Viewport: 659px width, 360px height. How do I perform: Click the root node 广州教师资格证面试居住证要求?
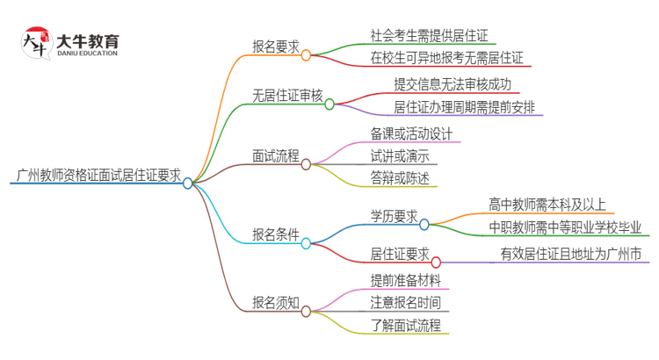98,176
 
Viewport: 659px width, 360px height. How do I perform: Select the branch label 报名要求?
274,48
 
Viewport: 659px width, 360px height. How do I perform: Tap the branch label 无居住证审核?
286,96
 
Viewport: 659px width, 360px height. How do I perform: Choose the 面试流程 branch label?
274,156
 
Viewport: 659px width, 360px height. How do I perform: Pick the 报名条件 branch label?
274,234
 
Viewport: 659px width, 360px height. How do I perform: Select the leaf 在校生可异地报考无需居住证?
446,60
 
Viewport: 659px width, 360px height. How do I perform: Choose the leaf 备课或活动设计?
411,133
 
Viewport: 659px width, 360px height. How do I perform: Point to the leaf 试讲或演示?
400,156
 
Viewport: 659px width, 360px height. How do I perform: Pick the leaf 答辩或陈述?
400,179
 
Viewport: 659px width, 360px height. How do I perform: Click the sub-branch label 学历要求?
394,216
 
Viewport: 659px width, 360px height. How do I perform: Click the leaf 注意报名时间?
405,302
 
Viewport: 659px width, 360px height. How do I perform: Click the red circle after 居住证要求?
436,262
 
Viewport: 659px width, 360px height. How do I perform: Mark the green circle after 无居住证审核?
329,104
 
